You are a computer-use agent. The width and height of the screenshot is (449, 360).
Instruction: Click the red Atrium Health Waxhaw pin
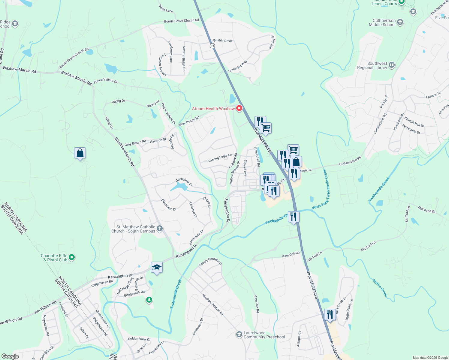point(239,108)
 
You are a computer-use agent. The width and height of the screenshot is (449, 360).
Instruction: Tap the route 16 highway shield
point(212,46)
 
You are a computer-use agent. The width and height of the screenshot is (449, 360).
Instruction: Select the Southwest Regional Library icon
point(391,65)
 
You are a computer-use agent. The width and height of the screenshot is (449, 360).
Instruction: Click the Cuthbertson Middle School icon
point(400,22)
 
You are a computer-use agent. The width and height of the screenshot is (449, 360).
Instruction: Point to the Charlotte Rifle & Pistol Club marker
point(71,257)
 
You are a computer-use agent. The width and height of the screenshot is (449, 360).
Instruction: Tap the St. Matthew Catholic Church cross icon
point(160,229)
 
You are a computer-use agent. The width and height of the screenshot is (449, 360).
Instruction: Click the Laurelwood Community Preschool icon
point(239,334)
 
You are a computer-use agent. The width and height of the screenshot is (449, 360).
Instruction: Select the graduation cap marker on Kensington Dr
point(157,267)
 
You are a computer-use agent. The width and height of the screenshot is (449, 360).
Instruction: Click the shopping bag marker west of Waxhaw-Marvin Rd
point(80,153)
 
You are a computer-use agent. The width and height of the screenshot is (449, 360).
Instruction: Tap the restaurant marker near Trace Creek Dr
point(330,315)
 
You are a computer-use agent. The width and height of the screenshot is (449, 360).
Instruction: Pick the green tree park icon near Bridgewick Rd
point(149,300)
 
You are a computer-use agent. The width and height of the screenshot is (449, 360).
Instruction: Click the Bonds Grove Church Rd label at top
point(181,21)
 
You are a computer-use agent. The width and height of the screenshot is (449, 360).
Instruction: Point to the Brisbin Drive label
point(222,40)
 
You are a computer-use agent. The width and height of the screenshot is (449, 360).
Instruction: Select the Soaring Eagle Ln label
point(220,158)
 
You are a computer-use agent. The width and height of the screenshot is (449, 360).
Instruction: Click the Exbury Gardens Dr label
point(210,262)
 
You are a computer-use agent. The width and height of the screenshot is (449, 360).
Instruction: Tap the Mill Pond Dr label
point(426,209)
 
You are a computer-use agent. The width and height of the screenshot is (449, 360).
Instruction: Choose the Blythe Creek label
point(380,288)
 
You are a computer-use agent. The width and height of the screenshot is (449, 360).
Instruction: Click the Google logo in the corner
point(10,356)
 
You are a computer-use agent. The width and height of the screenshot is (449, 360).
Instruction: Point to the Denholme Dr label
point(184,182)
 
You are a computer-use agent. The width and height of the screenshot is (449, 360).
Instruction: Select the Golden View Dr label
point(139,339)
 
